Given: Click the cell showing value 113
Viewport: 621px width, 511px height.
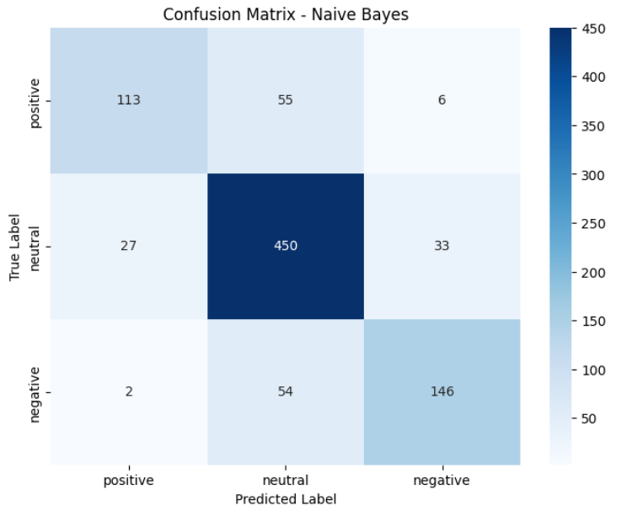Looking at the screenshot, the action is [129, 100].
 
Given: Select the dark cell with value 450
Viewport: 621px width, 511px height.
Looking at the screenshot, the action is [286, 246].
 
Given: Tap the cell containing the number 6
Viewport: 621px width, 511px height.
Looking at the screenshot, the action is [442, 100].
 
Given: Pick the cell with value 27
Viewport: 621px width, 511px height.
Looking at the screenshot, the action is [129, 246].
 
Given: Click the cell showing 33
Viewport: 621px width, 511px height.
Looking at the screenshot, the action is [442, 246].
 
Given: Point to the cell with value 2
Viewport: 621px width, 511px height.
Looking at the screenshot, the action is [129, 391].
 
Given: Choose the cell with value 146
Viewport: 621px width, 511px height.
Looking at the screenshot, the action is [442, 391].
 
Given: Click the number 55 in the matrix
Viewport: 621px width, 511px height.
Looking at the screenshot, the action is [285, 100].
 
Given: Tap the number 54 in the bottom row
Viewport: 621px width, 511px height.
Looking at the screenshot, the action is [285, 391].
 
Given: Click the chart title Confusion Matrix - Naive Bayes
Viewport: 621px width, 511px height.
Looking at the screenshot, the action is [286, 15].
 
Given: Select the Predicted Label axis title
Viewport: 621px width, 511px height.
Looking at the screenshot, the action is [286, 499].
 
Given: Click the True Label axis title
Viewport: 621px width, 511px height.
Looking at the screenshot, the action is [14, 248].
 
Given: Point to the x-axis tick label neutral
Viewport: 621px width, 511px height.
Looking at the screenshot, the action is [286, 481].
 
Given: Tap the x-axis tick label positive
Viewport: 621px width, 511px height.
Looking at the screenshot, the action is [129, 481].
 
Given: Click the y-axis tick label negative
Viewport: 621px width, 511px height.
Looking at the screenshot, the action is [35, 395].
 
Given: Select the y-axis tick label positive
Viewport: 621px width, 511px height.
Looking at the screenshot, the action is [35, 104].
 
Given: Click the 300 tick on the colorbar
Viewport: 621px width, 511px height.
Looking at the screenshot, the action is [593, 175].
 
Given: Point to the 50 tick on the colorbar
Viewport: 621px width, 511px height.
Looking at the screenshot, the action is [588, 418].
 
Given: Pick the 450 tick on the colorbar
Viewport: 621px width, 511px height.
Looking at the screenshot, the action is [593, 29].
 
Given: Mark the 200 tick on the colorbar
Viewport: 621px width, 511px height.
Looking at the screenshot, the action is [593, 273].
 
